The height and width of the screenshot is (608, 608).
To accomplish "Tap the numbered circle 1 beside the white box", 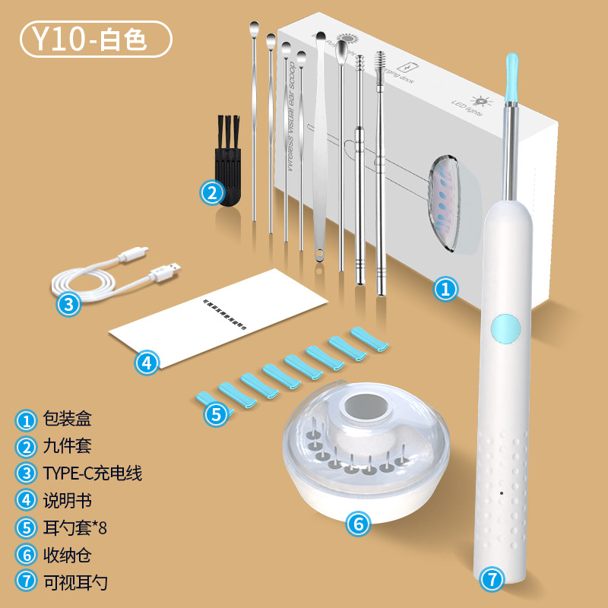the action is point(446,289).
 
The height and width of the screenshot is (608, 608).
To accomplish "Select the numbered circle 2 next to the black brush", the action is point(213,192).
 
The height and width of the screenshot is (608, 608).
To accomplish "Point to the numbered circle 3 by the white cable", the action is point(68,305).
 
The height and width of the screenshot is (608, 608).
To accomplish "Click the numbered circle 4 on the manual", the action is point(147,363).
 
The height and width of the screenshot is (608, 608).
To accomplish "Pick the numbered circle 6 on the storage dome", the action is point(358,523).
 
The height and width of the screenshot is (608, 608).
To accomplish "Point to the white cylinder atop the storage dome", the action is point(365,411).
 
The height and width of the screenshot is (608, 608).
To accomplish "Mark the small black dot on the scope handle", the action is point(502,494).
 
